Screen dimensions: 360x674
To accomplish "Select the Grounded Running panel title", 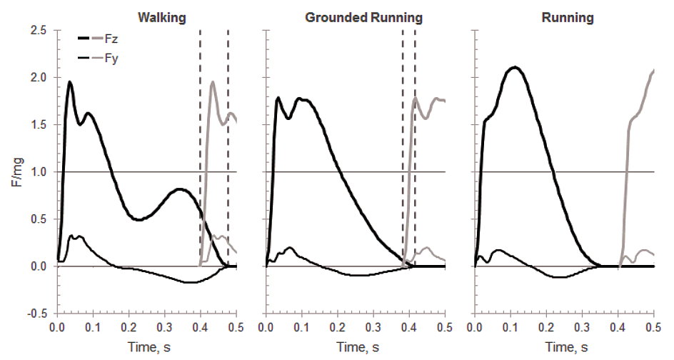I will [x=363, y=18].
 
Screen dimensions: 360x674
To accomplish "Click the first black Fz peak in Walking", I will [x=70, y=82].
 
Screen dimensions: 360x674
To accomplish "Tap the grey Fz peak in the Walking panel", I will [x=213, y=82].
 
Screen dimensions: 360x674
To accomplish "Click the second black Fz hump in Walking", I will [x=181, y=189].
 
